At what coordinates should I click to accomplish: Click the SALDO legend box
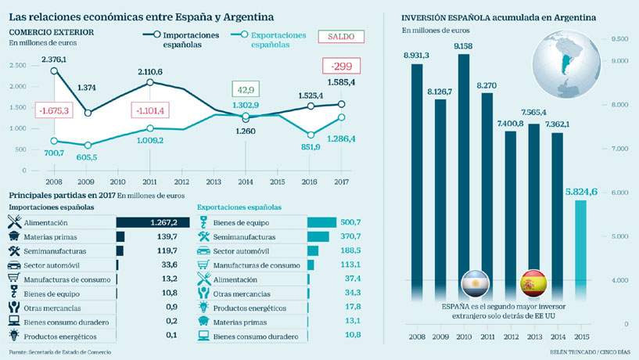coord(341,37)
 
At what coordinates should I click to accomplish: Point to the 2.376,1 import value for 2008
coord(54,59)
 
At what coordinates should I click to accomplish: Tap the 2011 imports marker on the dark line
coord(149,82)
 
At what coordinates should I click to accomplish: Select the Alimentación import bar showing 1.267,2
coord(153,221)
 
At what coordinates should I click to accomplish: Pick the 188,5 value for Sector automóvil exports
coord(335,251)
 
